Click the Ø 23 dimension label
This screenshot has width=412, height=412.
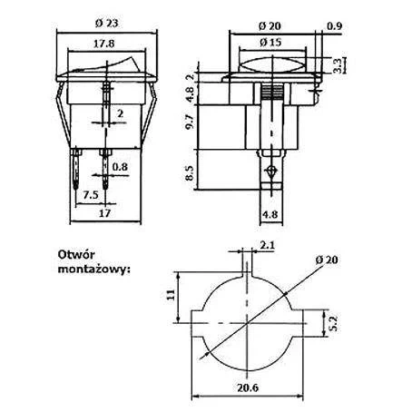click(x=107, y=24)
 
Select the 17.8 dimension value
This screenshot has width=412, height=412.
click(x=103, y=44)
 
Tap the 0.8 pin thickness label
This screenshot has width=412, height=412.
click(x=120, y=167)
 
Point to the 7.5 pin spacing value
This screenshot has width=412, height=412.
click(x=91, y=195)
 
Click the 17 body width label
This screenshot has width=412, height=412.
click(x=105, y=213)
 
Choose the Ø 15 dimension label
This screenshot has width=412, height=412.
click(x=270, y=43)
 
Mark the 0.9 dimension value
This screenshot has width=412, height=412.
click(x=335, y=26)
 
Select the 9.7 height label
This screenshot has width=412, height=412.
click(x=190, y=123)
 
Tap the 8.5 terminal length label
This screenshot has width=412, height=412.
click(x=190, y=173)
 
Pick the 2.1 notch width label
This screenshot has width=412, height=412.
click(x=268, y=245)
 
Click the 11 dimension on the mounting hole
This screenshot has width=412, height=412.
click(x=172, y=294)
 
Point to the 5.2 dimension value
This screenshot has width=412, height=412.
click(x=332, y=324)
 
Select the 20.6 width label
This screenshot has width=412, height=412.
click(x=248, y=387)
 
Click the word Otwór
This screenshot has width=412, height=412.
click(x=76, y=254)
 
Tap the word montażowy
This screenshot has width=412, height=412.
click(x=93, y=269)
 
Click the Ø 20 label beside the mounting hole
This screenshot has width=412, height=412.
click(x=327, y=260)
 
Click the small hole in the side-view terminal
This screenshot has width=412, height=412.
click(x=271, y=172)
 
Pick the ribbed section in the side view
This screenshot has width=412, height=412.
click(x=272, y=92)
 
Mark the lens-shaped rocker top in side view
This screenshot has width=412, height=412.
click(x=272, y=64)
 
